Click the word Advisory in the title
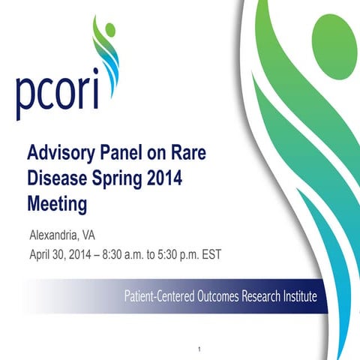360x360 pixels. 59,155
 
